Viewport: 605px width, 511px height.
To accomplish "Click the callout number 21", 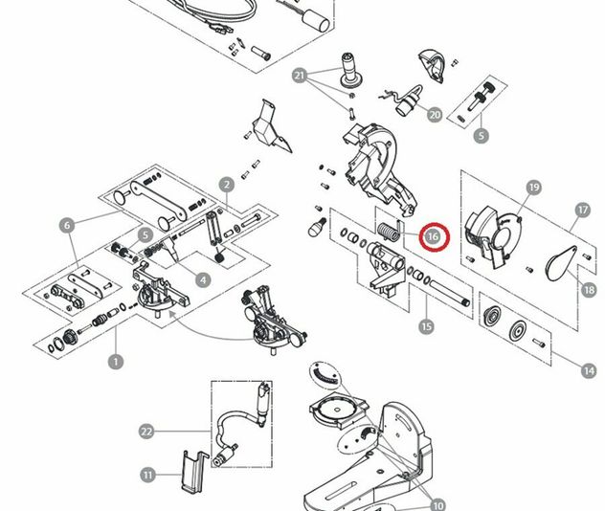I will coord(300,76).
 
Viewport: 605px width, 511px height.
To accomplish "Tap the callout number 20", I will coord(435,116).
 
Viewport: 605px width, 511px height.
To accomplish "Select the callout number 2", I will coord(227,185).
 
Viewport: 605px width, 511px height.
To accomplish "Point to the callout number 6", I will coord(66,226).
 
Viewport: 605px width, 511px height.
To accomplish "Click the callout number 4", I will coord(204,279).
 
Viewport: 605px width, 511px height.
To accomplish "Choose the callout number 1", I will coord(116,362).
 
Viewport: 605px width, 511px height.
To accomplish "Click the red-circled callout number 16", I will coord(433,235).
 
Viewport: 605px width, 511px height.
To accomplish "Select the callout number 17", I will coord(582,210).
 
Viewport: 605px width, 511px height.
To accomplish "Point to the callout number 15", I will coord(427,327).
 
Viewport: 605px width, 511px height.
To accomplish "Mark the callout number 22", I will coord(146,432).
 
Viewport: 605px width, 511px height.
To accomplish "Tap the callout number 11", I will coord(147,475).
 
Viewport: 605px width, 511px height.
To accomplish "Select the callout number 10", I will coord(437,505).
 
